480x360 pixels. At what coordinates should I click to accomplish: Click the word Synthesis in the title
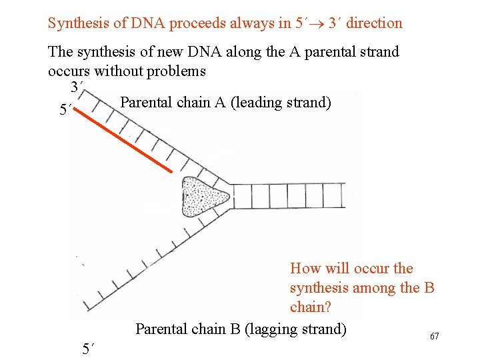[78, 23]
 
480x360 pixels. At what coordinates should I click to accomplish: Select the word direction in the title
[374, 23]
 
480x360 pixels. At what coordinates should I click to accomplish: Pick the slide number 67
[434, 337]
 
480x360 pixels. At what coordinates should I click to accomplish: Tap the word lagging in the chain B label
[275, 329]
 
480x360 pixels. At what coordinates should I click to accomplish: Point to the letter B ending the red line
[429, 288]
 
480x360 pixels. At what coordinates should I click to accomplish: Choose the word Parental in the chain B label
[163, 329]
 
